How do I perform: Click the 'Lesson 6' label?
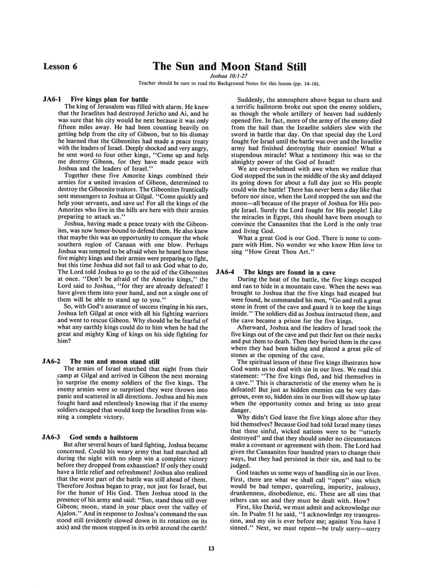pyautogui.click(x=60, y=67)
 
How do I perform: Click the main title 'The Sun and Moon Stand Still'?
pyautogui.click(x=229, y=67)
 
